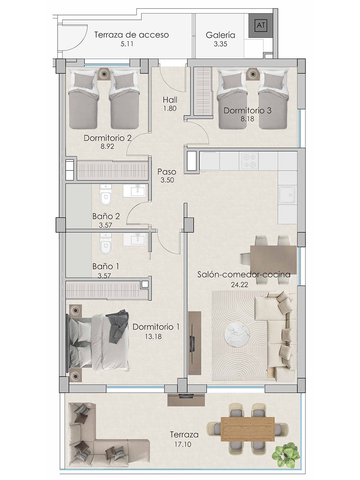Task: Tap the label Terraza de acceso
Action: tap(131, 35)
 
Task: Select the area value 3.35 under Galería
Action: tap(220, 44)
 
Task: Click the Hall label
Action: tap(170, 100)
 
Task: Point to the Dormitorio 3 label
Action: tap(247, 111)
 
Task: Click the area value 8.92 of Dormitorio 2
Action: tap(107, 147)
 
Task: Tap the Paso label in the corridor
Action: tap(167, 172)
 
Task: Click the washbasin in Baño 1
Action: tap(136, 239)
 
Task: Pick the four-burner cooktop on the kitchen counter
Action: tap(249, 160)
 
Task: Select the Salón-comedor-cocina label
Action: tap(244, 274)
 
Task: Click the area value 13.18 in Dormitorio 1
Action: tap(153, 336)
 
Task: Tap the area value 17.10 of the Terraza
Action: tap(184, 444)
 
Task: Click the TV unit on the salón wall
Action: tap(193, 342)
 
